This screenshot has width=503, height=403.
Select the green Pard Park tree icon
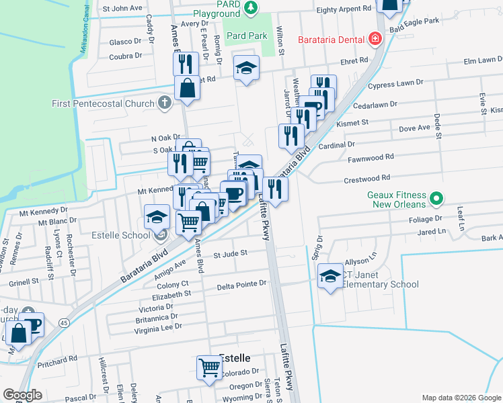click(251, 7)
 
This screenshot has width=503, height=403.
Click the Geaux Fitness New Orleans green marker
click(436, 198)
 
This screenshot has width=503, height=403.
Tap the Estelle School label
click(121, 235)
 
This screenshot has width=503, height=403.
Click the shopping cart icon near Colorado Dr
click(209, 367)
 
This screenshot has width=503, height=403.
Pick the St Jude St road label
click(231, 254)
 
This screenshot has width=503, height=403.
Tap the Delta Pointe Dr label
click(242, 285)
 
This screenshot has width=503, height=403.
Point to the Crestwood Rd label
click(366, 178)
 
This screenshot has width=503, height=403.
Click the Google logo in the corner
click(22, 395)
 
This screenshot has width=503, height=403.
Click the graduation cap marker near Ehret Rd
click(247, 67)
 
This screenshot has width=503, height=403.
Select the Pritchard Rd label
click(57, 359)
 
